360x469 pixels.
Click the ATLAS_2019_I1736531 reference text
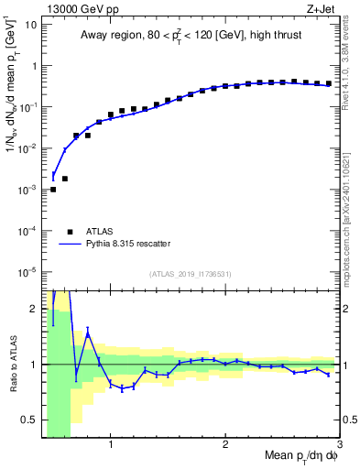click(x=191, y=274)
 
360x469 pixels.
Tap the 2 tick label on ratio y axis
click(x=34, y=309)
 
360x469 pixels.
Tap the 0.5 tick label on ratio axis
click(x=29, y=420)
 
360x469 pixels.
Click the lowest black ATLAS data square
click(x=53, y=189)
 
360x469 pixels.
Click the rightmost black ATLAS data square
click(x=329, y=83)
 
